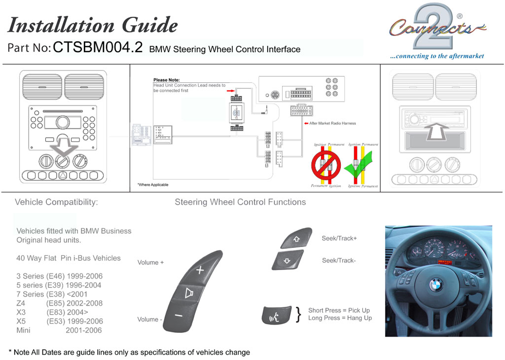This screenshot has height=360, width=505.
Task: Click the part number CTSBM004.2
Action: click(x=98, y=47)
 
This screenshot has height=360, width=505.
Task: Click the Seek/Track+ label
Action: click(x=339, y=238)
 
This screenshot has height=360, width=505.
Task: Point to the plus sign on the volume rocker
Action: click(x=200, y=270)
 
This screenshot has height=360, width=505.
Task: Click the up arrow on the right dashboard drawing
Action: click(x=435, y=132)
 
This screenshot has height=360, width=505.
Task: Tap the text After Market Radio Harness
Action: click(x=332, y=123)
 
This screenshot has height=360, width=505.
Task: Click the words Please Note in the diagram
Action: click(x=167, y=80)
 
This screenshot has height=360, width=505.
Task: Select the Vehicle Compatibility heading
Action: click(x=56, y=202)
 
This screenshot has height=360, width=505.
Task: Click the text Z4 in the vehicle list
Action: click(x=21, y=303)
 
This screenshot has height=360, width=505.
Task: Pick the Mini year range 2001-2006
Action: click(x=84, y=330)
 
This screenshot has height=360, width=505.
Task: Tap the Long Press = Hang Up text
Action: click(x=340, y=318)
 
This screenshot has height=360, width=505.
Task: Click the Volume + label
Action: click(x=150, y=262)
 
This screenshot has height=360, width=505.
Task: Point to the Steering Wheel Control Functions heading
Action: click(x=240, y=202)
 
